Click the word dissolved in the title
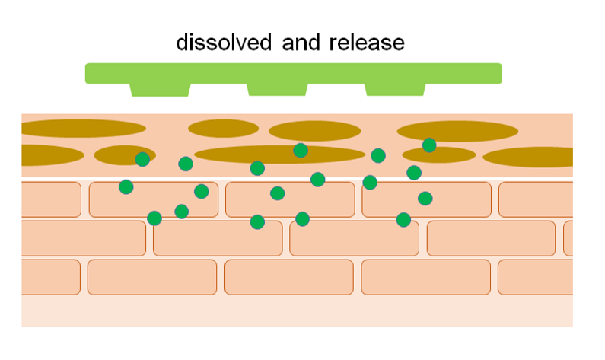point(223,42)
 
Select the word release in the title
point(367,42)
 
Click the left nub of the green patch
point(160,89)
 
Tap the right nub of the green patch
point(395,89)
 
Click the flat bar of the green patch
point(293,72)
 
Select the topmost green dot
point(429,145)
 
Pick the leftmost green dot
point(126,186)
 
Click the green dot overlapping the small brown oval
point(142,159)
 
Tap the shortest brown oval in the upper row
point(223,128)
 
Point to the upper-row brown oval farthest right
point(457,131)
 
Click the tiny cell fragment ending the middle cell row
point(568,238)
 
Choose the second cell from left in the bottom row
point(152,277)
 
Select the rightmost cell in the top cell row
point(536,199)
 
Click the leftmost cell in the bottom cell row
point(50,277)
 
